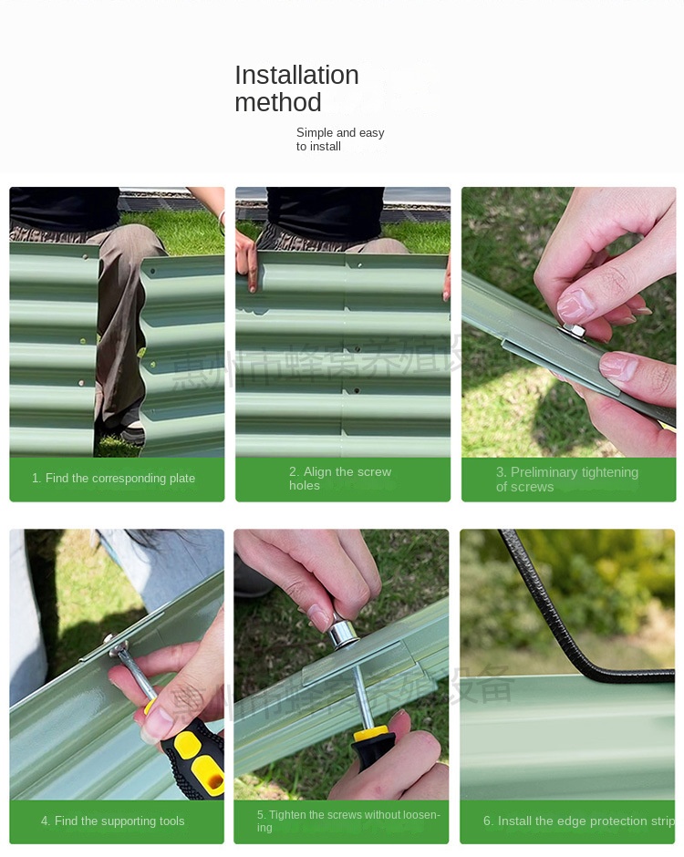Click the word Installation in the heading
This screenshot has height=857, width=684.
click(296, 75)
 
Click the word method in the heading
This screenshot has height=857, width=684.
click(278, 102)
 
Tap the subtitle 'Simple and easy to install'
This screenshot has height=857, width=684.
click(339, 139)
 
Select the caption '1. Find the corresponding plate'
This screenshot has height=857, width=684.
click(113, 479)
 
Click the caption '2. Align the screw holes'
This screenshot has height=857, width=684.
click(339, 479)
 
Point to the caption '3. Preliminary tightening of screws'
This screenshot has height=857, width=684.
click(566, 479)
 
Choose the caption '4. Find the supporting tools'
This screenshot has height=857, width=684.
click(112, 821)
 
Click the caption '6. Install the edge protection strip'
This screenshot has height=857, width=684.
click(578, 821)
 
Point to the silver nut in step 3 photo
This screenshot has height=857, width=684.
click(575, 331)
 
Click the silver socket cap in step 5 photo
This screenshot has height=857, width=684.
click(343, 632)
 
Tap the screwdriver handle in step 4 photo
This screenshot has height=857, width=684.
click(196, 757)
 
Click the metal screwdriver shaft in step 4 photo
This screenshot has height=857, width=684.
click(137, 675)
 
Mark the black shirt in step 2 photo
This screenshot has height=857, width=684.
click(324, 212)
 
